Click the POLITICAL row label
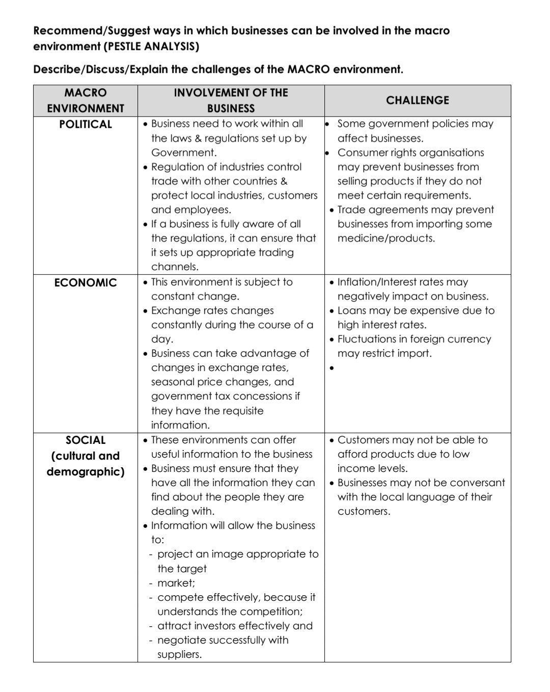pos(85,124)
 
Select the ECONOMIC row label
pos(85,283)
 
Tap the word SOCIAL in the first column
pos(86,440)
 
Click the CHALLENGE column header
pos(417,100)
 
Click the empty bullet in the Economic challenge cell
pos(332,368)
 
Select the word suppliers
pos(179,655)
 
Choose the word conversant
pos(478,483)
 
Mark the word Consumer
pos(362,153)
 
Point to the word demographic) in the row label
pos(85,472)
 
